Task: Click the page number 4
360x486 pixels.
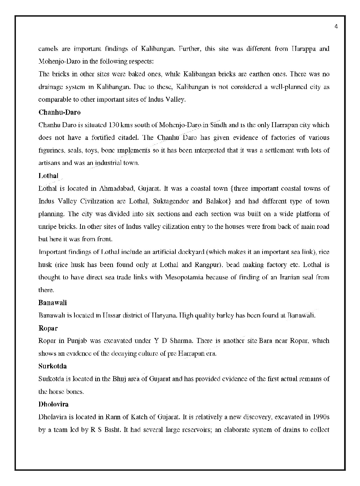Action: pyautogui.click(x=336, y=27)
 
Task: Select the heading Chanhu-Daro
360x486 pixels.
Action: pyautogui.click(x=59, y=112)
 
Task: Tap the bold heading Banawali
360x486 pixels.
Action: pyautogui.click(x=53, y=303)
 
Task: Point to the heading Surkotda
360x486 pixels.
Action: pyautogui.click(x=53, y=366)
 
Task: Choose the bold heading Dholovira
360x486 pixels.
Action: pyautogui.click(x=53, y=404)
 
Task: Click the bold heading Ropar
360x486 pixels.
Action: pyautogui.click(x=48, y=328)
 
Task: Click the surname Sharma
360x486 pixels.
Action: pyautogui.click(x=181, y=341)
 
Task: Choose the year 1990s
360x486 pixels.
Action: pyautogui.click(x=321, y=417)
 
